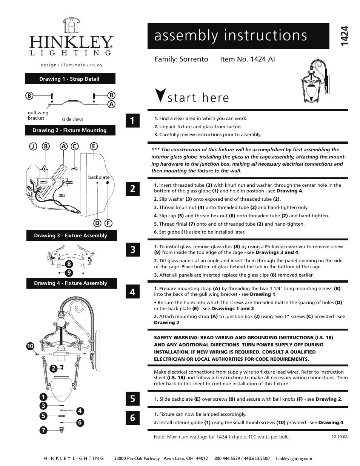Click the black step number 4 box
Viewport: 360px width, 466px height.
click(x=132, y=292)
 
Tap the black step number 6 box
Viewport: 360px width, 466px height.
click(x=132, y=417)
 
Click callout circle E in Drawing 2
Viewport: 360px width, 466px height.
click(x=94, y=146)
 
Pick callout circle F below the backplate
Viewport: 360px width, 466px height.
click(x=108, y=223)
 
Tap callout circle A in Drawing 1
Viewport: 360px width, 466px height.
click(x=111, y=104)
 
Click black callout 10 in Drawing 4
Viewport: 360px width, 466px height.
click(x=30, y=346)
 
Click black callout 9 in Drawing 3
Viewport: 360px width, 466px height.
click(x=69, y=272)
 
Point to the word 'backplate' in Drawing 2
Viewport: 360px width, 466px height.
click(x=98, y=177)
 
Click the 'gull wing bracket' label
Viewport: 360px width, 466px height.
click(x=38, y=115)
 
